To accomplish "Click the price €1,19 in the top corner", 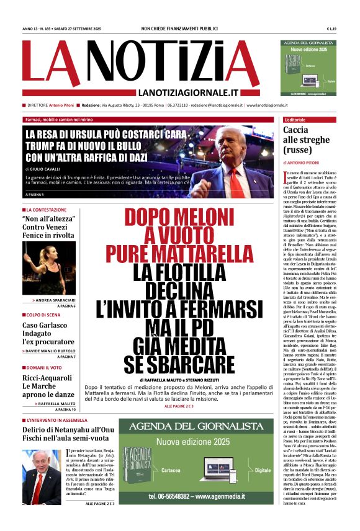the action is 331,29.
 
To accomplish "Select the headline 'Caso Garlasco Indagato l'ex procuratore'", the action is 48,334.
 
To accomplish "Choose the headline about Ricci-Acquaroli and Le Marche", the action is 48,383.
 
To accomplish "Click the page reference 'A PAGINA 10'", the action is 65,409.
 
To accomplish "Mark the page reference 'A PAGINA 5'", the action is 35,195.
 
